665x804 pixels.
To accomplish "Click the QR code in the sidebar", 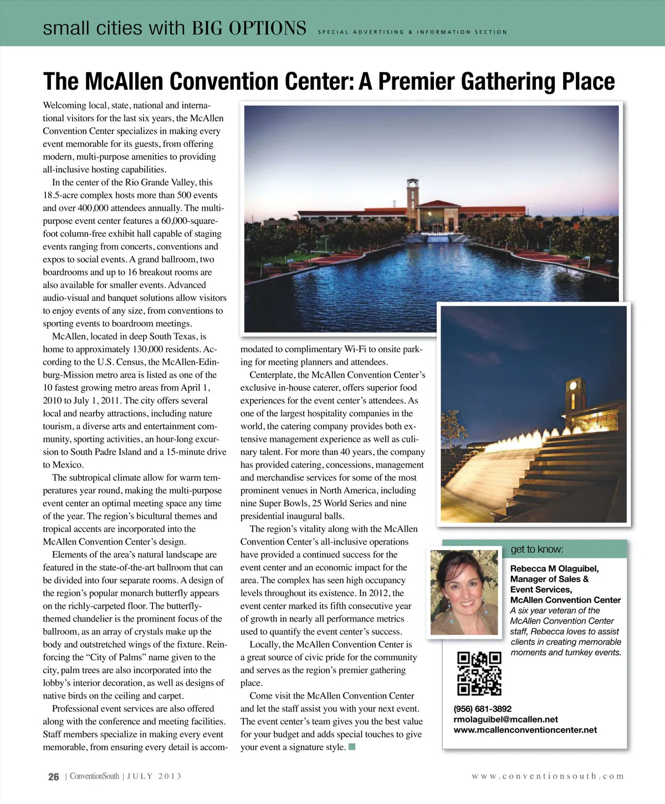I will (x=479, y=674).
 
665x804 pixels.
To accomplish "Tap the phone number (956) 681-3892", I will (x=482, y=709).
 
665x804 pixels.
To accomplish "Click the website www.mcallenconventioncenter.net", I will (x=525, y=730).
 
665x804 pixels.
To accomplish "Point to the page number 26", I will (x=53, y=777).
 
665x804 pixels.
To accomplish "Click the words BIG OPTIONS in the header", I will (x=249, y=28).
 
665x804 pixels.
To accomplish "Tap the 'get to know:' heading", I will (x=536, y=549).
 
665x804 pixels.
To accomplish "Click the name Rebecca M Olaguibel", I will (x=554, y=568).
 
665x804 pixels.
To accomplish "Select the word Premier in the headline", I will (x=416, y=82).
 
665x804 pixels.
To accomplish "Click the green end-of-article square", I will (x=351, y=747).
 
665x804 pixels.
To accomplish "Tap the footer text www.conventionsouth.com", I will (x=548, y=776).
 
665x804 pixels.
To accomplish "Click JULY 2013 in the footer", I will (x=155, y=776).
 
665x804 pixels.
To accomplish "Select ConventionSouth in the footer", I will (x=94, y=776).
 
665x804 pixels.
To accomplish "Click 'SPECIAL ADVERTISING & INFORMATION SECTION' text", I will (x=412, y=32).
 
